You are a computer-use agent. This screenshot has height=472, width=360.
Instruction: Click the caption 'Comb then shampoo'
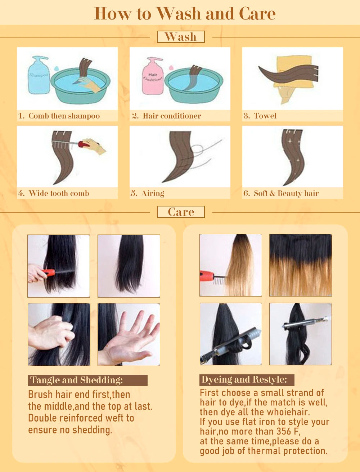point(64,116)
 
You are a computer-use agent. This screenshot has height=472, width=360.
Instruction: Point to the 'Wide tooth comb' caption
point(59,193)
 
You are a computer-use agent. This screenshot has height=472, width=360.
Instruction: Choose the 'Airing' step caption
point(153,193)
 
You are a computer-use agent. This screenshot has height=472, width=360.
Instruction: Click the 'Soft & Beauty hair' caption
point(286,193)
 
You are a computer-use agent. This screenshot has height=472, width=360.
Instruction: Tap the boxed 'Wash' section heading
point(181,37)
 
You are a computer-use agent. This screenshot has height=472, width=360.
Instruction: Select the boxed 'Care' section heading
point(181,212)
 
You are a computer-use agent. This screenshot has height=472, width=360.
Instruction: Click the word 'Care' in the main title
point(257,14)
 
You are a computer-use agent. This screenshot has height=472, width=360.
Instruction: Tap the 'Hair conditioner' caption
point(172,116)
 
